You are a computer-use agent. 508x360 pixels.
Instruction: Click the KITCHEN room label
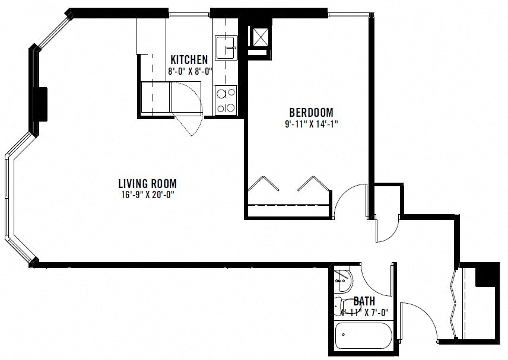pyautogui.click(x=189, y=59)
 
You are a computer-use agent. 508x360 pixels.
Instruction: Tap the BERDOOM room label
pyautogui.click(x=311, y=112)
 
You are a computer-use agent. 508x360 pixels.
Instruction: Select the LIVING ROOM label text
pyautogui.click(x=147, y=184)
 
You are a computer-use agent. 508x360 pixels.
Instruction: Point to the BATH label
pyautogui.click(x=364, y=301)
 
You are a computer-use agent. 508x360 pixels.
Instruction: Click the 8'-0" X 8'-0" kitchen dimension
pyautogui.click(x=190, y=71)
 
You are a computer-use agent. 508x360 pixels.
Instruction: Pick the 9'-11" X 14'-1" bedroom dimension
pyautogui.click(x=312, y=124)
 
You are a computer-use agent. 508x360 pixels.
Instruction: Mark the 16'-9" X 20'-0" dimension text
pyautogui.click(x=147, y=195)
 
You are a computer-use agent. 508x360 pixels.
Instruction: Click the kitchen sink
pyautogui.click(x=227, y=47)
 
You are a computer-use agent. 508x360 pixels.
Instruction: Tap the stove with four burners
pyautogui.click(x=226, y=100)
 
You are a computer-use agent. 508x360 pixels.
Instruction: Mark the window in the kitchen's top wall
pyautogui.click(x=189, y=14)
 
